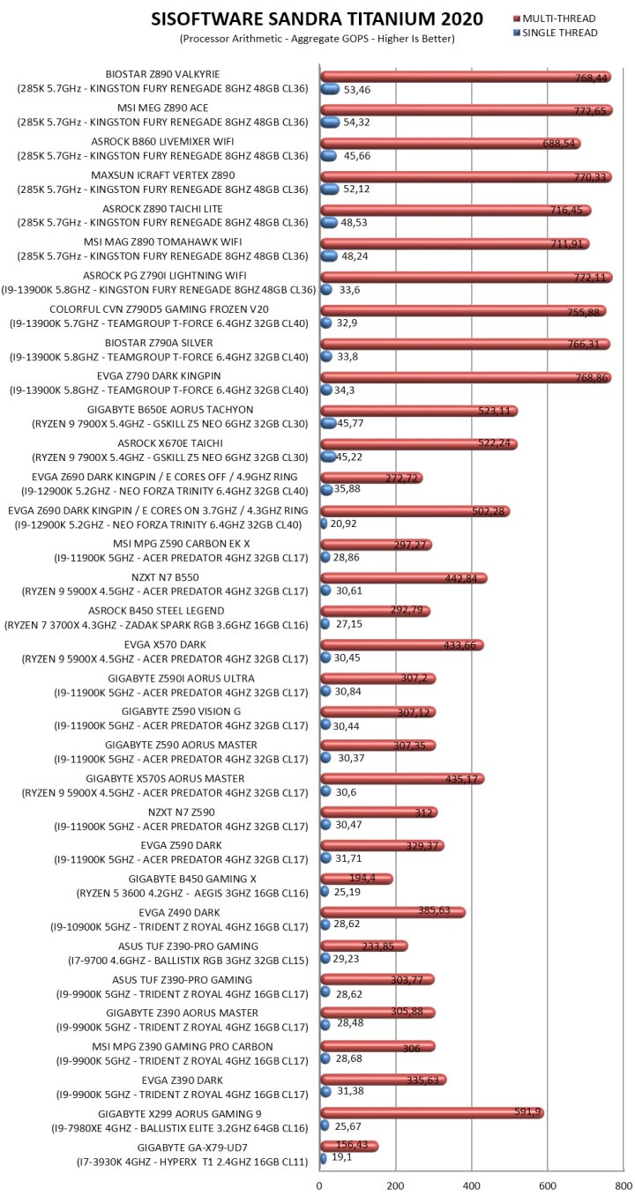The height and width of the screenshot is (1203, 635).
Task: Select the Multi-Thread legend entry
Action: tap(558, 19)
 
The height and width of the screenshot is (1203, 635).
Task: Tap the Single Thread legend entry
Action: tap(560, 33)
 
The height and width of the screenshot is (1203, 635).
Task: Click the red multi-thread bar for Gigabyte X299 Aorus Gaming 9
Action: tap(431, 1113)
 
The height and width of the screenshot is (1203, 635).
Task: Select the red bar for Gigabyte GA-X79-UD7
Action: tap(349, 1146)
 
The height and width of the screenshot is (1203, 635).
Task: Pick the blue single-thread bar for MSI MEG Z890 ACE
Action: tap(331, 122)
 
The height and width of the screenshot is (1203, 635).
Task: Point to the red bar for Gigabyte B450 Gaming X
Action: tap(356, 879)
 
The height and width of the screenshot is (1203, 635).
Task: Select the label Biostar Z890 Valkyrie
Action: tap(162, 74)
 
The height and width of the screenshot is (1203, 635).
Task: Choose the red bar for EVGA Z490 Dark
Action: tap(392, 912)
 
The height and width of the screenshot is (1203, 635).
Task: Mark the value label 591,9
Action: tap(527, 1113)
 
